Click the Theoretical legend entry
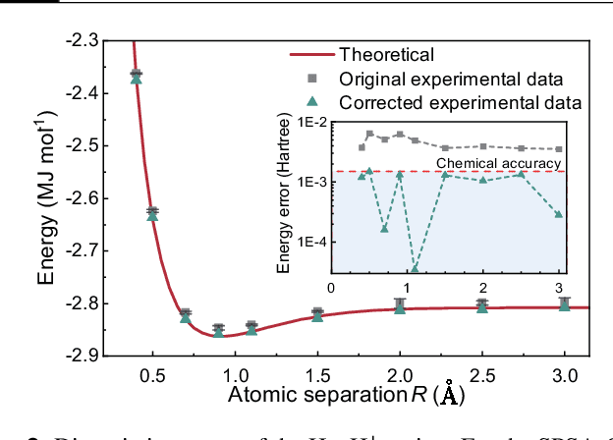(386, 54)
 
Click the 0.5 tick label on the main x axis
(152, 375)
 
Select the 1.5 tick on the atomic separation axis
(317, 375)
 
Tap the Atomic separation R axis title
(345, 396)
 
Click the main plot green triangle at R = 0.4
(137, 79)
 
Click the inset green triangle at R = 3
(559, 214)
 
